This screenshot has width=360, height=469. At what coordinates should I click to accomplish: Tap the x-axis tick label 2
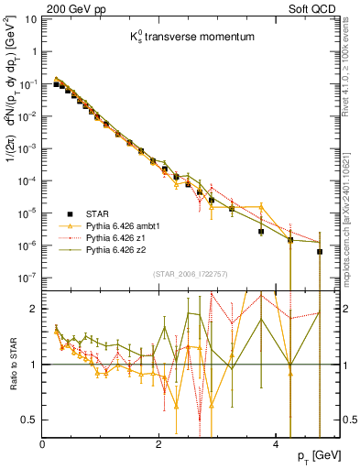coord(159,444)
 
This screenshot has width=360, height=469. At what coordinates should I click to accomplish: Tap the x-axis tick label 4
coord(276,444)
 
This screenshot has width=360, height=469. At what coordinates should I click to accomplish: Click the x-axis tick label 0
coord(43,444)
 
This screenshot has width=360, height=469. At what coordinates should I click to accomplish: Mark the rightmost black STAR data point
coord(319,251)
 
